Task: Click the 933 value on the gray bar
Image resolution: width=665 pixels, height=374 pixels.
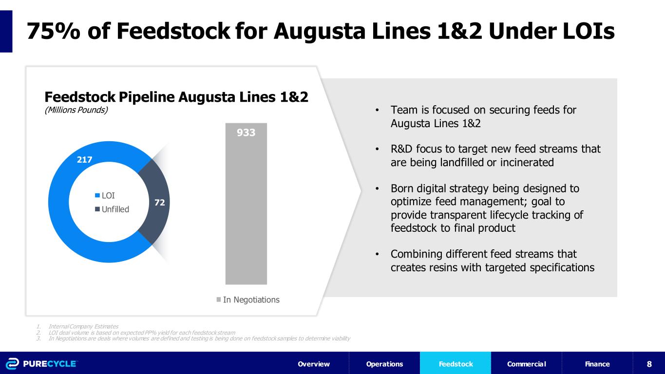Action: pos(246,132)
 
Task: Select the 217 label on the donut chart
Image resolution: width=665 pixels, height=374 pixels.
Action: pos(85,160)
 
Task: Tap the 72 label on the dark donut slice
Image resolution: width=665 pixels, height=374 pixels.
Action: pos(160,203)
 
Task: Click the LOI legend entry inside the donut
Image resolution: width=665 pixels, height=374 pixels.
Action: pos(105,195)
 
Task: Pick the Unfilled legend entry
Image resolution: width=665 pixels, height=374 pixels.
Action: pos(112,209)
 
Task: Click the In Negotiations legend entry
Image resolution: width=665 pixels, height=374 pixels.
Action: pos(248,300)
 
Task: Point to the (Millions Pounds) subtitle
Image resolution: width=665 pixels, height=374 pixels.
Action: pos(76,110)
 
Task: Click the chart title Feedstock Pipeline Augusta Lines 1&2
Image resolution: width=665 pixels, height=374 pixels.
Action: pos(176,97)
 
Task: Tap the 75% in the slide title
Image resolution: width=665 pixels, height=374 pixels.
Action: pos(54,31)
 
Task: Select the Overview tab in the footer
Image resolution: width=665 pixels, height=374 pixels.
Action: pos(314,364)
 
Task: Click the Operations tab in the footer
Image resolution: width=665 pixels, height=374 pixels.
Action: pos(385,364)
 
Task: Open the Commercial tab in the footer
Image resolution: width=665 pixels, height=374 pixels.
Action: pos(526,364)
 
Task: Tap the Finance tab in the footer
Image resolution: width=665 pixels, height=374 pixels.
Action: pos(597,364)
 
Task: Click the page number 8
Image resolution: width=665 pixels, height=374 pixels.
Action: pos(649,364)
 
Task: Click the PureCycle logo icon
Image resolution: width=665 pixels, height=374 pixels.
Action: pos(12,364)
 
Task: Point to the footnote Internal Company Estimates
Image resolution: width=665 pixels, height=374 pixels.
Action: pos(83,326)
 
